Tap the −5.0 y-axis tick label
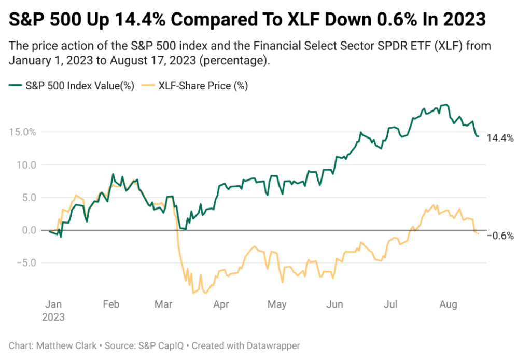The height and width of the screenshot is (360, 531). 24,262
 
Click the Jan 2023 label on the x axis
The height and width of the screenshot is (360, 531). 53,310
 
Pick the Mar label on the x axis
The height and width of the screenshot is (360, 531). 164,304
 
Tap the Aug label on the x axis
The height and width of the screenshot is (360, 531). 449,304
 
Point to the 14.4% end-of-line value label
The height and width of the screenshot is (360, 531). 500,138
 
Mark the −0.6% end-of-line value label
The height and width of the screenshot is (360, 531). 500,236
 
